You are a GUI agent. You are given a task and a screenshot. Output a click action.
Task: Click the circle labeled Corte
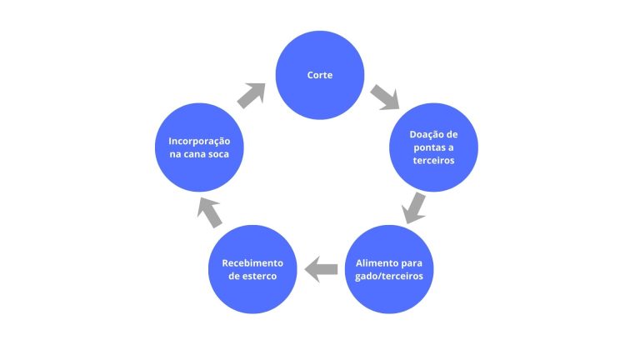pos(320,76)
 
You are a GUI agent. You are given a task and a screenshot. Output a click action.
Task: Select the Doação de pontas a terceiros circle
pos(433,147)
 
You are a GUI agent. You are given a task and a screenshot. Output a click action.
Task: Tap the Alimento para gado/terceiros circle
pos(390,268)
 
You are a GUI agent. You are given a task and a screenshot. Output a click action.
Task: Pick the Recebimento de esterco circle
pos(252,268)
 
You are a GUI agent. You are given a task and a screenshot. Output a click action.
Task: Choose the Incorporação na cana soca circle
pos(200,147)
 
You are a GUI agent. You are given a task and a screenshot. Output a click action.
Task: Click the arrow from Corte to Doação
pos(385,97)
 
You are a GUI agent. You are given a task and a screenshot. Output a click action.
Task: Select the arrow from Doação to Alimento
pos(414,207)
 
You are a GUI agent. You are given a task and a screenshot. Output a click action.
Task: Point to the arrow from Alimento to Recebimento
pos(321,268)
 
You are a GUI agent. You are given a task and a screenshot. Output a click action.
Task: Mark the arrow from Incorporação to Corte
pos(251,95)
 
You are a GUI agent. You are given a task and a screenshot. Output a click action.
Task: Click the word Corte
pos(320,76)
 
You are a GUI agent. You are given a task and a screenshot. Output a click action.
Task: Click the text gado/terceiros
pos(390,276)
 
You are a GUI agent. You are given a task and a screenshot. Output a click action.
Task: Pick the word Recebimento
pos(252,262)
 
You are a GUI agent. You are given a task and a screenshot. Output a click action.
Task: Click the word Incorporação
pos(200,141)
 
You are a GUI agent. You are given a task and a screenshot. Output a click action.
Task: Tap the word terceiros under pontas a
pos(433,161)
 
